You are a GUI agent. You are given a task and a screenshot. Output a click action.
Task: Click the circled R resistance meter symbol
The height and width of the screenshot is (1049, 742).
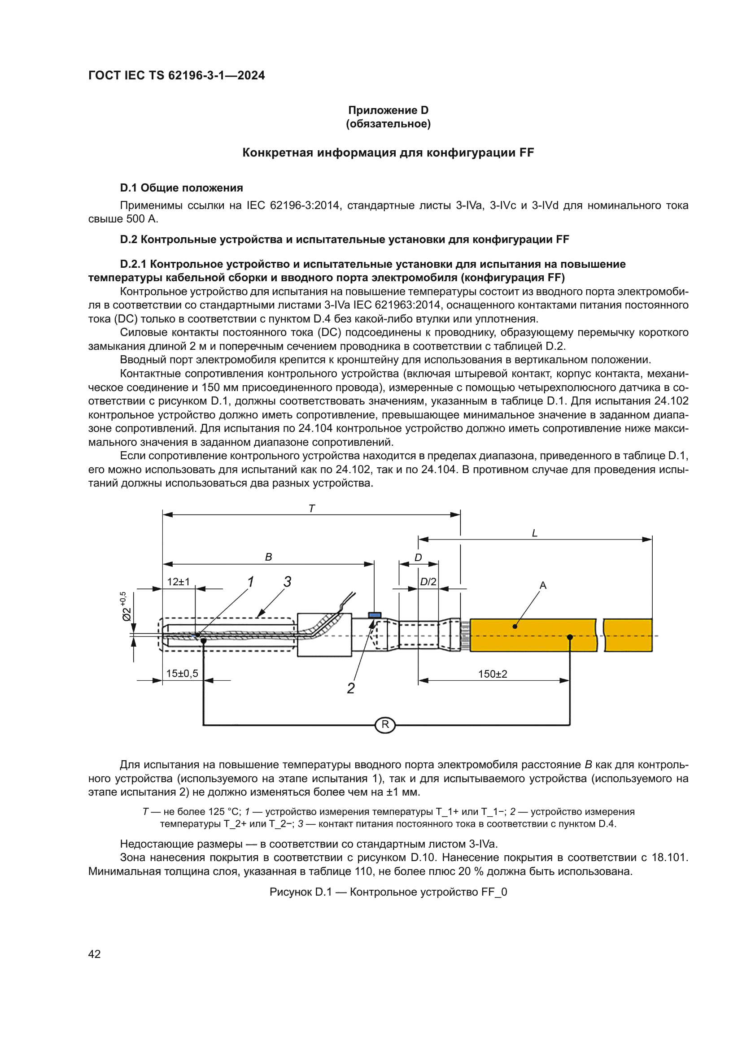(x=385, y=725)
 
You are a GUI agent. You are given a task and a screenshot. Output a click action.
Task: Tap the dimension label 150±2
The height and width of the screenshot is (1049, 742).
(x=492, y=674)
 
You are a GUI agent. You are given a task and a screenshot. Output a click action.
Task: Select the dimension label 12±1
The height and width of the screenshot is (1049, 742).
(x=178, y=582)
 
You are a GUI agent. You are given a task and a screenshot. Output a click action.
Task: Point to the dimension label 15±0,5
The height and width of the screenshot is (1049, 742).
(x=182, y=674)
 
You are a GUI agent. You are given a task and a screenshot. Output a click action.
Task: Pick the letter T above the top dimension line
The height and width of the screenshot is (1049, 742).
(x=312, y=509)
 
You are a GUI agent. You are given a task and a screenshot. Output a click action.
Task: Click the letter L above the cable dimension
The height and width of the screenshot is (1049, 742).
(x=535, y=533)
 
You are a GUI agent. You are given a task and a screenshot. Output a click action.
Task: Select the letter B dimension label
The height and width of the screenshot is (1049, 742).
(x=269, y=557)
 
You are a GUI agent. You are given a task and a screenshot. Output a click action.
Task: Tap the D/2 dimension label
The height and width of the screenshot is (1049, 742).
(x=428, y=582)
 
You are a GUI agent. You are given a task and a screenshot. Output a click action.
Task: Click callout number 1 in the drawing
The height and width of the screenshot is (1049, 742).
(x=250, y=582)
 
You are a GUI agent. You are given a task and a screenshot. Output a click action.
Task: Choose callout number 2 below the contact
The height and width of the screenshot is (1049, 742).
(x=350, y=688)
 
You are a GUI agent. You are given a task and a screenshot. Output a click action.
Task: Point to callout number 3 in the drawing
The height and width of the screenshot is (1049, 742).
(x=287, y=582)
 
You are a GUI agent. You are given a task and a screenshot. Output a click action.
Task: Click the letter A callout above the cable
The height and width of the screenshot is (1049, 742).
(x=543, y=585)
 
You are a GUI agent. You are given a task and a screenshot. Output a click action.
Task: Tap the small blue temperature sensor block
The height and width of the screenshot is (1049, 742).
(x=375, y=615)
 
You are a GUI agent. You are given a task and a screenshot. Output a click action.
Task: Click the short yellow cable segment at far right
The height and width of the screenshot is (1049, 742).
(x=628, y=635)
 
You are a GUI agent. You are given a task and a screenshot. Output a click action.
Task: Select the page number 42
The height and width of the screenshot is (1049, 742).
(x=95, y=953)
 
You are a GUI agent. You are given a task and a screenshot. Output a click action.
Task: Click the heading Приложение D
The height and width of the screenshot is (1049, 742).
(x=388, y=110)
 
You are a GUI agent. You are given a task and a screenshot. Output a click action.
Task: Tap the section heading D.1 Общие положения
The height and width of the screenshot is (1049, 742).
(x=181, y=188)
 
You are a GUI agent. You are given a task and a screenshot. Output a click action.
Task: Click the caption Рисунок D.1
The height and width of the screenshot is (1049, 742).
(x=388, y=892)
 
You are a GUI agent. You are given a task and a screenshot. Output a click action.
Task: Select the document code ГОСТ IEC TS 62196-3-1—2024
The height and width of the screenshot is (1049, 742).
(x=176, y=75)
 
